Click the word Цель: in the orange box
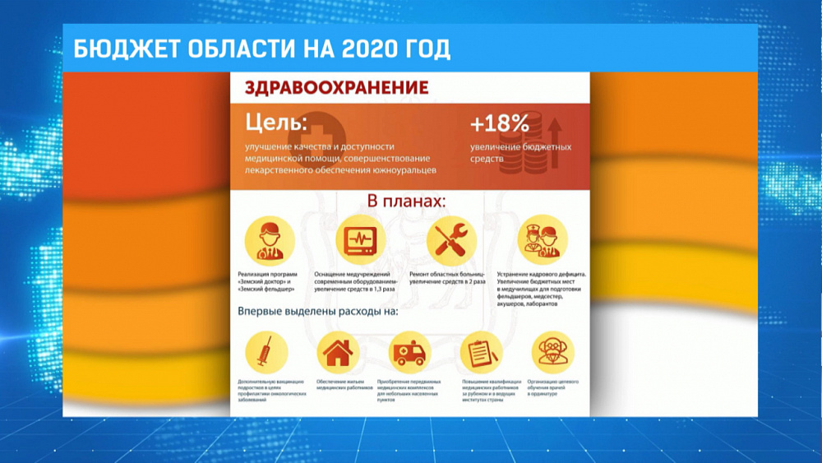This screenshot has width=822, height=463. tap(275, 123)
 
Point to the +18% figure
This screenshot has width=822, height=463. tap(499, 124)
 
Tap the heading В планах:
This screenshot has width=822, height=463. tap(406, 201)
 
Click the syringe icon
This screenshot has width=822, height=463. tap(266, 352)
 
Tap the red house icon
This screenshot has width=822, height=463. tap(337, 352)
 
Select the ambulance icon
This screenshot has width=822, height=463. tap(409, 352)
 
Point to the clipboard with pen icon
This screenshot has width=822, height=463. tap(481, 352)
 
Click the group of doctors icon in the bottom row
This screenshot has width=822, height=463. tap(552, 352)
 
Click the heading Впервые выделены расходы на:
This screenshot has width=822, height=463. tap(317, 312)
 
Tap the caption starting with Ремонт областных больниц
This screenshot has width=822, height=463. tap(449, 276)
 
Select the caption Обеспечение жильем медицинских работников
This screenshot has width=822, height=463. tap(337, 385)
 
